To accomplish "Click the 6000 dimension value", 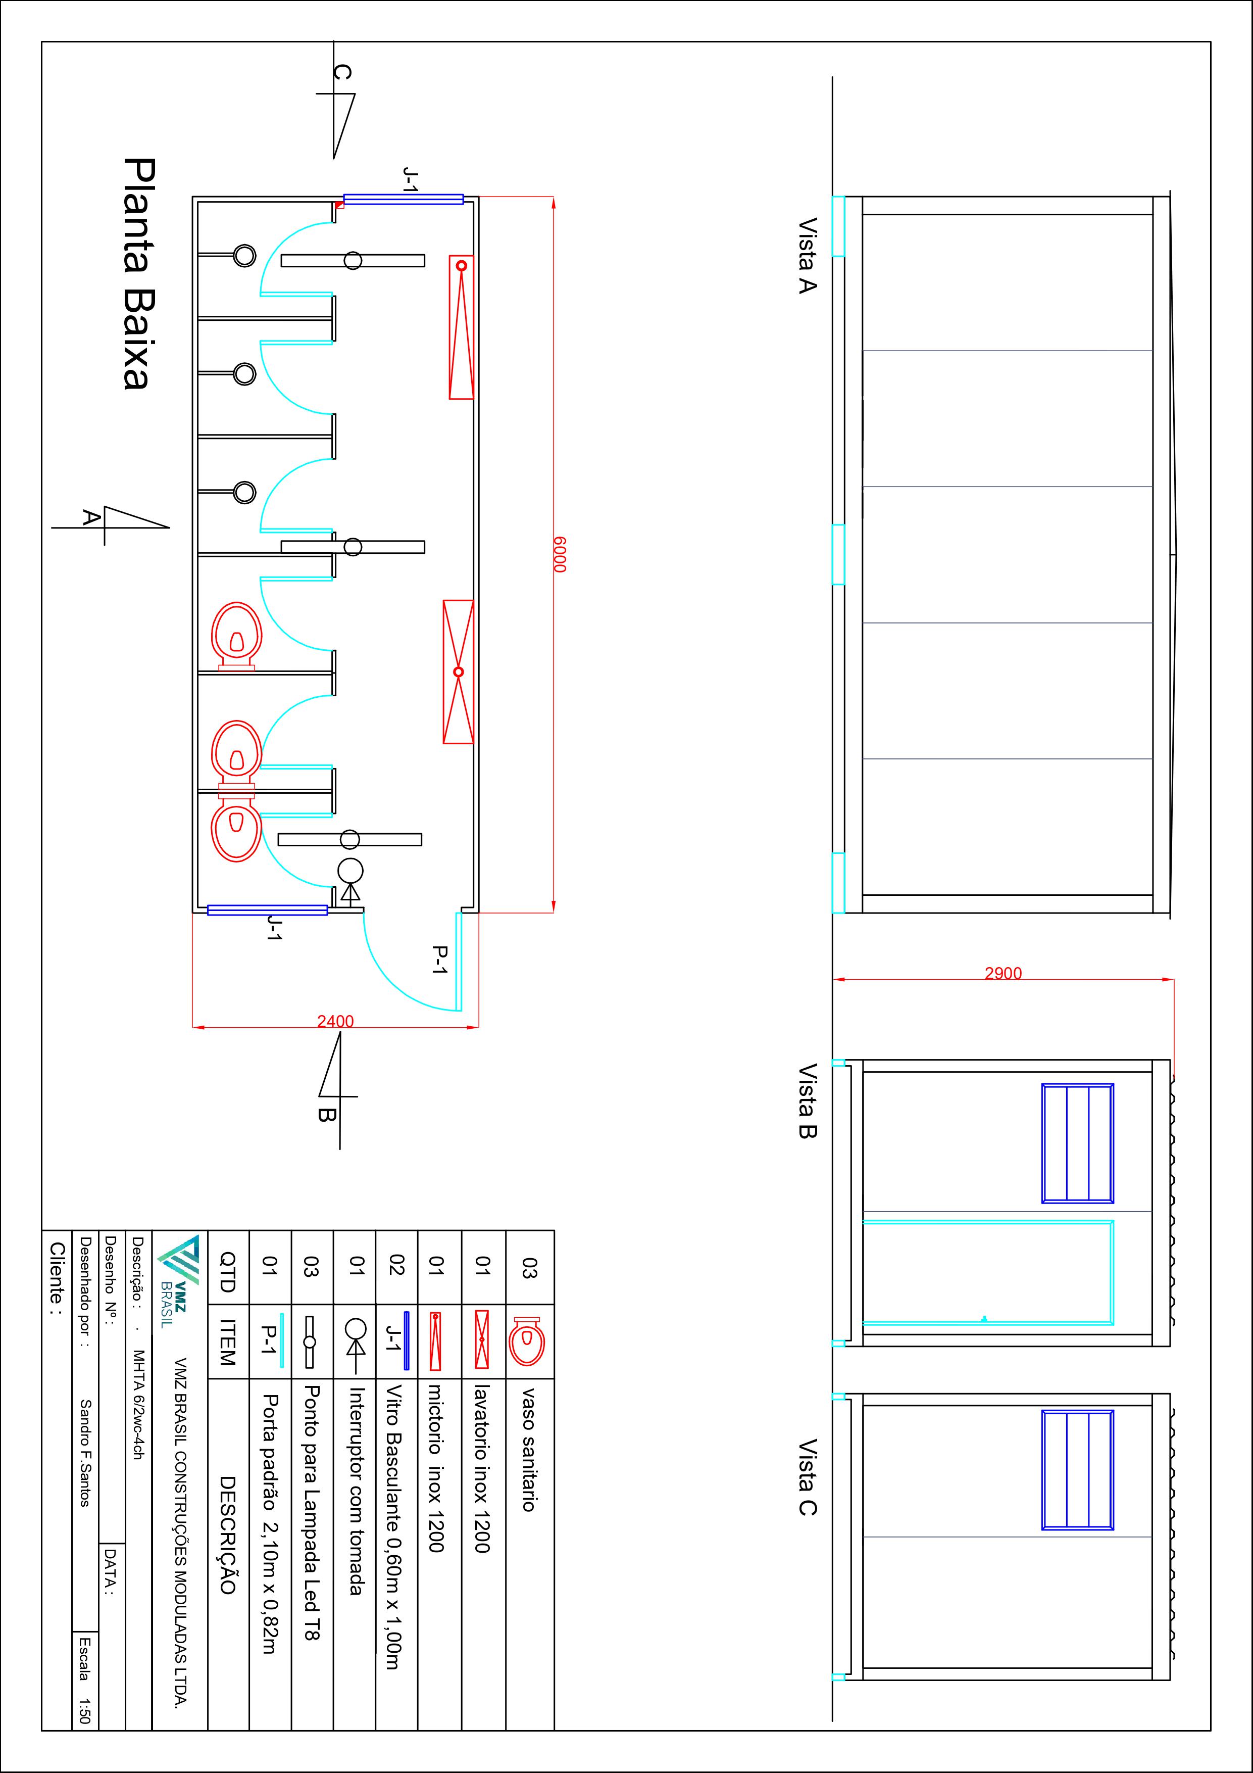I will coord(559,554).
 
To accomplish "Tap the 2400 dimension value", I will coord(335,1021).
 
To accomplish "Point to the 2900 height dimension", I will coord(1003,973).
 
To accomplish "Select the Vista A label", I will coord(807,255).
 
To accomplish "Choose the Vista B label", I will coord(807,1100).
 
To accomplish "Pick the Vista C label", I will coord(807,1476).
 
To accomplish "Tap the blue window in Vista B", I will coord(1078,1143).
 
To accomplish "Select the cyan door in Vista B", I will coord(988,1272).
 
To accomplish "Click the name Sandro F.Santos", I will coord(86,1453).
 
